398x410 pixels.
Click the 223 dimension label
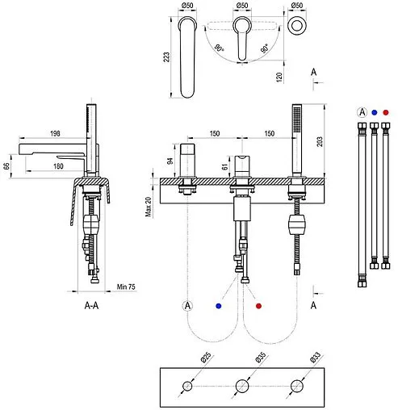click(x=166, y=57)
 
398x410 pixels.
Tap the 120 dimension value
click(x=279, y=77)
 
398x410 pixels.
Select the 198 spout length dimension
click(x=55, y=133)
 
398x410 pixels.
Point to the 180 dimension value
click(x=58, y=166)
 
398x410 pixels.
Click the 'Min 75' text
click(x=126, y=287)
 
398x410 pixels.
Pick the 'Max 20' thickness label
click(x=149, y=207)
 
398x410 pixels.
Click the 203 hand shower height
click(x=320, y=141)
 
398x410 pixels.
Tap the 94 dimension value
click(x=170, y=161)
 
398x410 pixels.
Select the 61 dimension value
click(x=225, y=166)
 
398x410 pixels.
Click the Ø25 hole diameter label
click(x=206, y=358)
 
